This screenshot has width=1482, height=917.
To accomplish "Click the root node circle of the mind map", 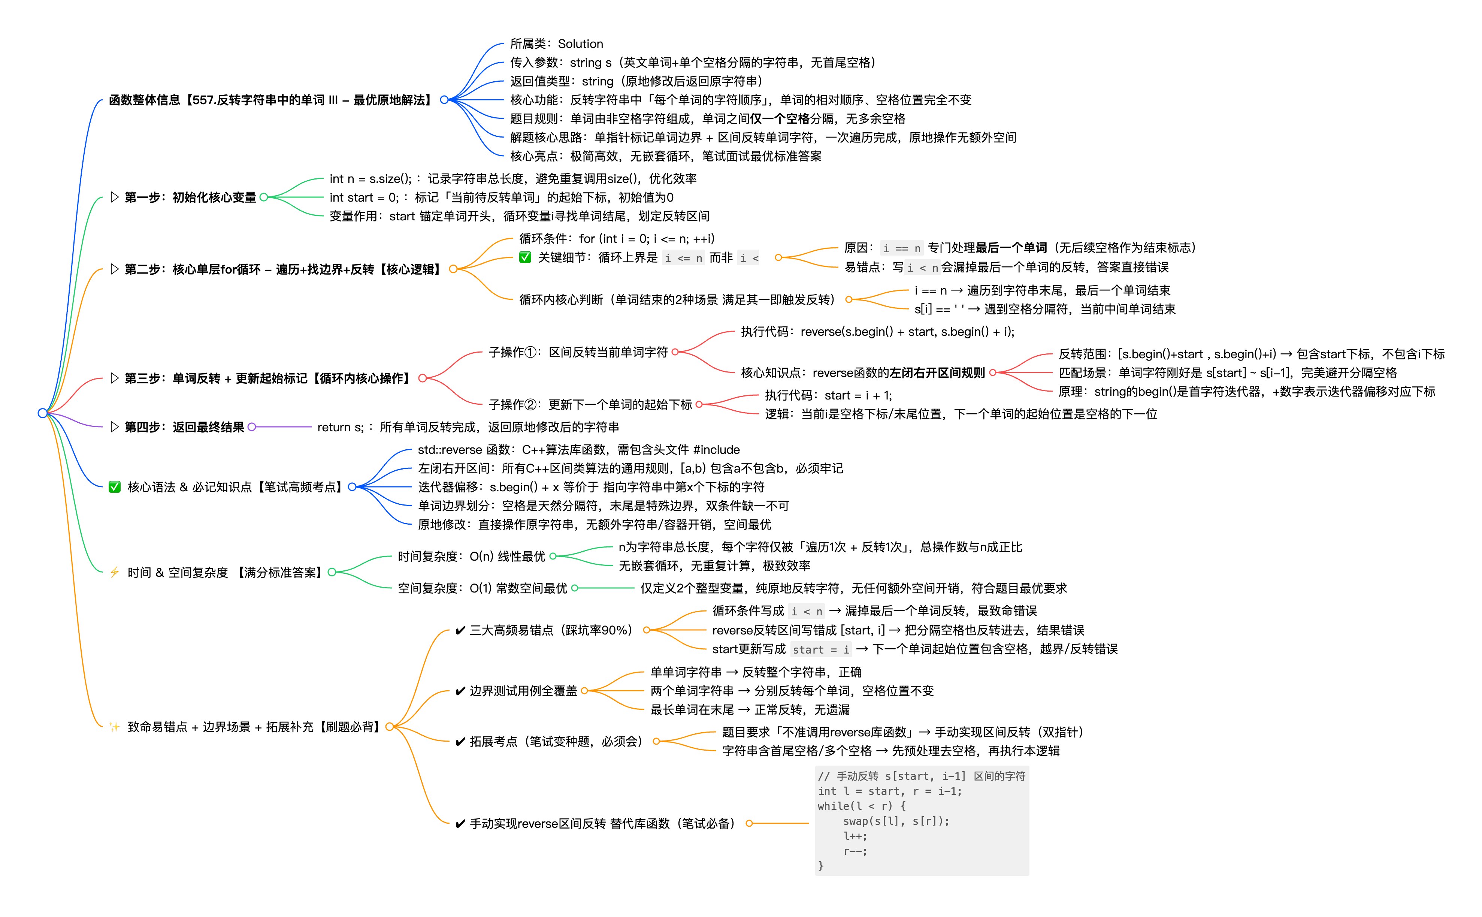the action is [x=42, y=413].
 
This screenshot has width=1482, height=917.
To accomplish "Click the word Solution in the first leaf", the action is [x=580, y=44].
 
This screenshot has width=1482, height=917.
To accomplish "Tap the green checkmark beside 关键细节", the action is [x=525, y=257].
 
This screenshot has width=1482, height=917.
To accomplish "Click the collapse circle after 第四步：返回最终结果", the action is [x=251, y=427].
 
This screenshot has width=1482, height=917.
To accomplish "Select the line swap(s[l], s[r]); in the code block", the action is [x=896, y=821].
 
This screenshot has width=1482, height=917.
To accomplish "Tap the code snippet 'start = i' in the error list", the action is [x=821, y=649].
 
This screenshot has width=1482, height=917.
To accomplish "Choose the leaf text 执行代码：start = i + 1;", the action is [x=828, y=395].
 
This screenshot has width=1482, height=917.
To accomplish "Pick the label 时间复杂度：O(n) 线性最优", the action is [x=471, y=556].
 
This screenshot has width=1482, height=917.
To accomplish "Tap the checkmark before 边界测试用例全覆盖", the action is [x=460, y=691].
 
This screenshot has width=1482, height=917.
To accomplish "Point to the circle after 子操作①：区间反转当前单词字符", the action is [x=675, y=352].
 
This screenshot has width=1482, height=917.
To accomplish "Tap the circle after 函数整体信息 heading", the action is [x=444, y=99].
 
